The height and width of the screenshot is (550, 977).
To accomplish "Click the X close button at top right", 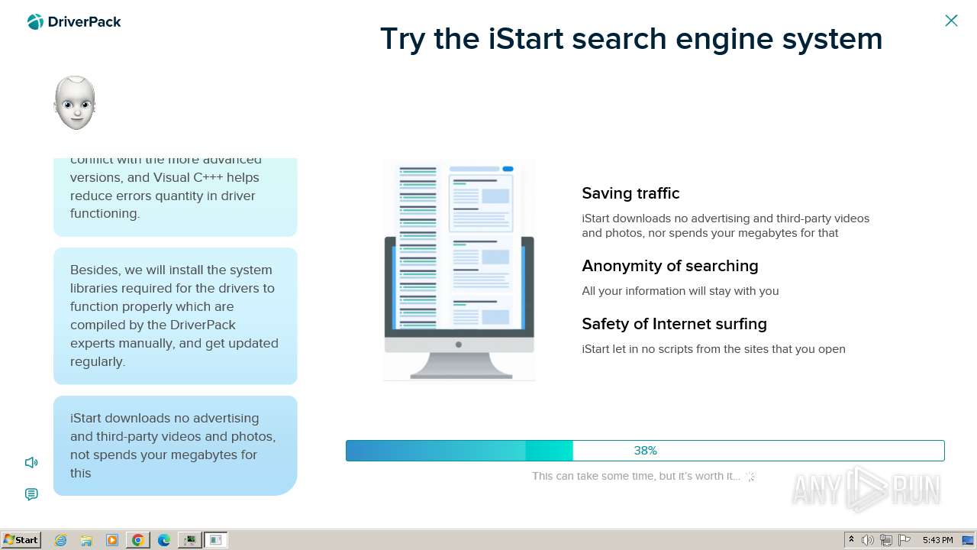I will tap(951, 21).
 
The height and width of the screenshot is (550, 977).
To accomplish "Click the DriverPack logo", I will tap(74, 22).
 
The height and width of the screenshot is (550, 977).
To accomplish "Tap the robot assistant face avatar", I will tap(75, 102).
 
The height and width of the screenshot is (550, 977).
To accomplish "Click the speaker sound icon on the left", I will tap(31, 462).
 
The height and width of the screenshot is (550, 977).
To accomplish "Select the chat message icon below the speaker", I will tap(31, 494).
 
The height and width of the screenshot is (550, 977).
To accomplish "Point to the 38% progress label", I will tap(645, 451).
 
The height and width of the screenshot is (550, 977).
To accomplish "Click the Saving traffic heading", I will tap(630, 193).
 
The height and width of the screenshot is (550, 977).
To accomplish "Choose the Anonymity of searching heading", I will tap(669, 266).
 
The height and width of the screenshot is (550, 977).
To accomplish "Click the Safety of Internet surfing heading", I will tap(674, 324).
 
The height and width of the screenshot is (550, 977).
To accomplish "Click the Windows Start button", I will tap(21, 540).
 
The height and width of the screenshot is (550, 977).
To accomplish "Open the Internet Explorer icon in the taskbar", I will tap(61, 540).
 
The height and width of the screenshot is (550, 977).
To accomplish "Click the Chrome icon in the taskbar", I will tap(138, 540).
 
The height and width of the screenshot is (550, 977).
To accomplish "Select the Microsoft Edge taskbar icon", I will tap(164, 540).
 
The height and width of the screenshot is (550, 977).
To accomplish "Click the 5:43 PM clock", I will tap(937, 540).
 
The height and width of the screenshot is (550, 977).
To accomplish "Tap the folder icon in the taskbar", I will tap(86, 540).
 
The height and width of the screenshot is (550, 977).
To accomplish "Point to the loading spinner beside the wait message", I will tap(750, 476).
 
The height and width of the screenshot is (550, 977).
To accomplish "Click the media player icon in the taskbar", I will tap(112, 540).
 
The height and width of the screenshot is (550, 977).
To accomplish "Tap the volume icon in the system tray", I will tap(868, 540).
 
